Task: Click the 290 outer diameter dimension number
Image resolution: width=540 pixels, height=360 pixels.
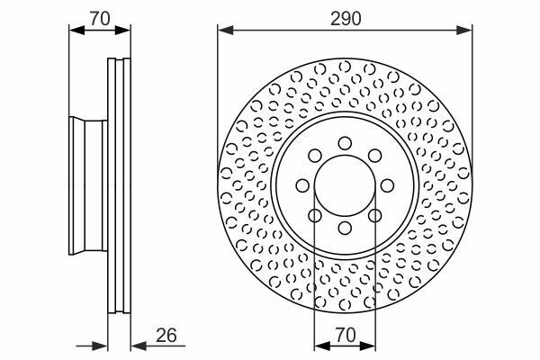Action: pyautogui.click(x=346, y=19)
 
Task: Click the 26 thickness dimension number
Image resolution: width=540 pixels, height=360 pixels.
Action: pyautogui.click(x=166, y=335)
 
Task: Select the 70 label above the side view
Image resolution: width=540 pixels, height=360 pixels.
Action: pyautogui.click(x=100, y=19)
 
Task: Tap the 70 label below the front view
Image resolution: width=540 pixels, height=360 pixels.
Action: pyautogui.click(x=346, y=335)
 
